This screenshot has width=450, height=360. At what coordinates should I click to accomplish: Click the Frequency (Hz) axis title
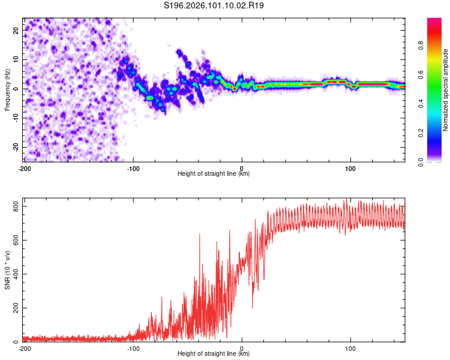point(7,89)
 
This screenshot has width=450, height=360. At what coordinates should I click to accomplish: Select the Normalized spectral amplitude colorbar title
point(446,90)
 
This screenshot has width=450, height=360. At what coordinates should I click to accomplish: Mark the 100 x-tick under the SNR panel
point(351,348)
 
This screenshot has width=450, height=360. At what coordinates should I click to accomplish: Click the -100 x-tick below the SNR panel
point(133,348)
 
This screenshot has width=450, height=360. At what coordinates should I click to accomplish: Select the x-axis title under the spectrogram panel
point(214,174)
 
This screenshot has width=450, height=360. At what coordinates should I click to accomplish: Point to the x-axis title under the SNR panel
point(214,354)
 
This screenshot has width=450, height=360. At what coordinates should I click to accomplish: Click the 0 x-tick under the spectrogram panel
point(242,168)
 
